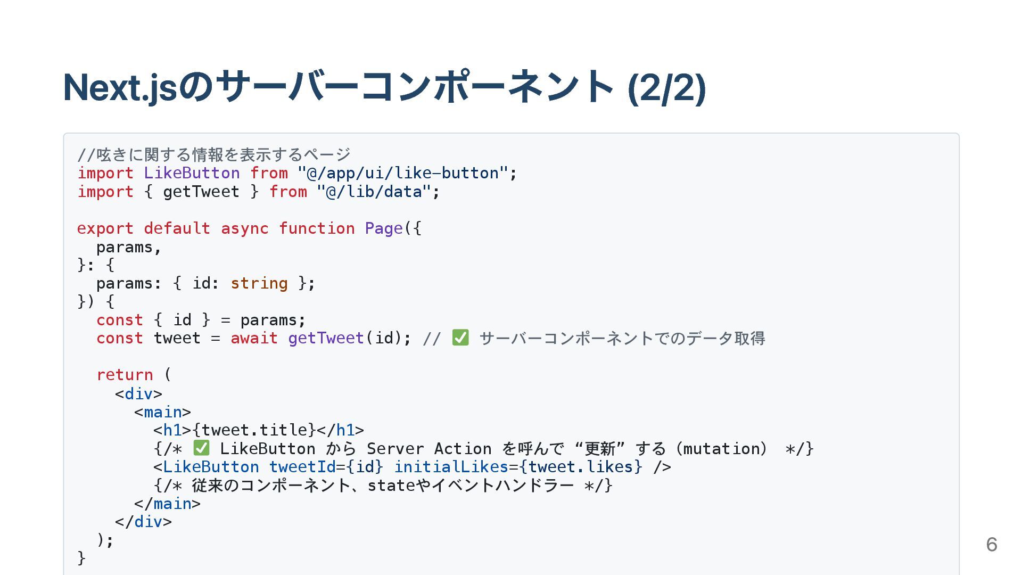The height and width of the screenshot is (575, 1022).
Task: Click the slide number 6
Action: (x=991, y=544)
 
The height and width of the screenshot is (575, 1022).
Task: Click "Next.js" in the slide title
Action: (x=120, y=87)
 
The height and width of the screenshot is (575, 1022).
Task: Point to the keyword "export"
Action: (x=105, y=228)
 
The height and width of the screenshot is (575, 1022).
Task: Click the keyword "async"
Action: (x=244, y=228)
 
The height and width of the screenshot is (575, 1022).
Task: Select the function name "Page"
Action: (x=383, y=228)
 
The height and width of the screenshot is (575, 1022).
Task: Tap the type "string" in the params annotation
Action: (x=259, y=283)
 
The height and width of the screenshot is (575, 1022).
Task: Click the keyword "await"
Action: (x=254, y=338)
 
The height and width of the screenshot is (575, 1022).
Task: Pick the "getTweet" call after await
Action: (x=326, y=338)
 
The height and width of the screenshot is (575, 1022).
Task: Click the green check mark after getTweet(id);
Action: (x=460, y=338)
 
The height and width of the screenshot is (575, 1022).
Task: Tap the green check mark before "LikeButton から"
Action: (x=201, y=448)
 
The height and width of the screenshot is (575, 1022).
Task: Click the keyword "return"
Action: (x=125, y=375)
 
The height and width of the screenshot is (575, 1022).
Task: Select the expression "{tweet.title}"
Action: (x=254, y=430)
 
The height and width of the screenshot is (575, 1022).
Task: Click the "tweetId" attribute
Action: (x=302, y=467)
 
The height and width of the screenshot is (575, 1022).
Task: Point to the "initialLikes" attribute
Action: (x=451, y=467)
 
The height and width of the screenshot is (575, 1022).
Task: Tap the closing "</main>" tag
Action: (x=167, y=504)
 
